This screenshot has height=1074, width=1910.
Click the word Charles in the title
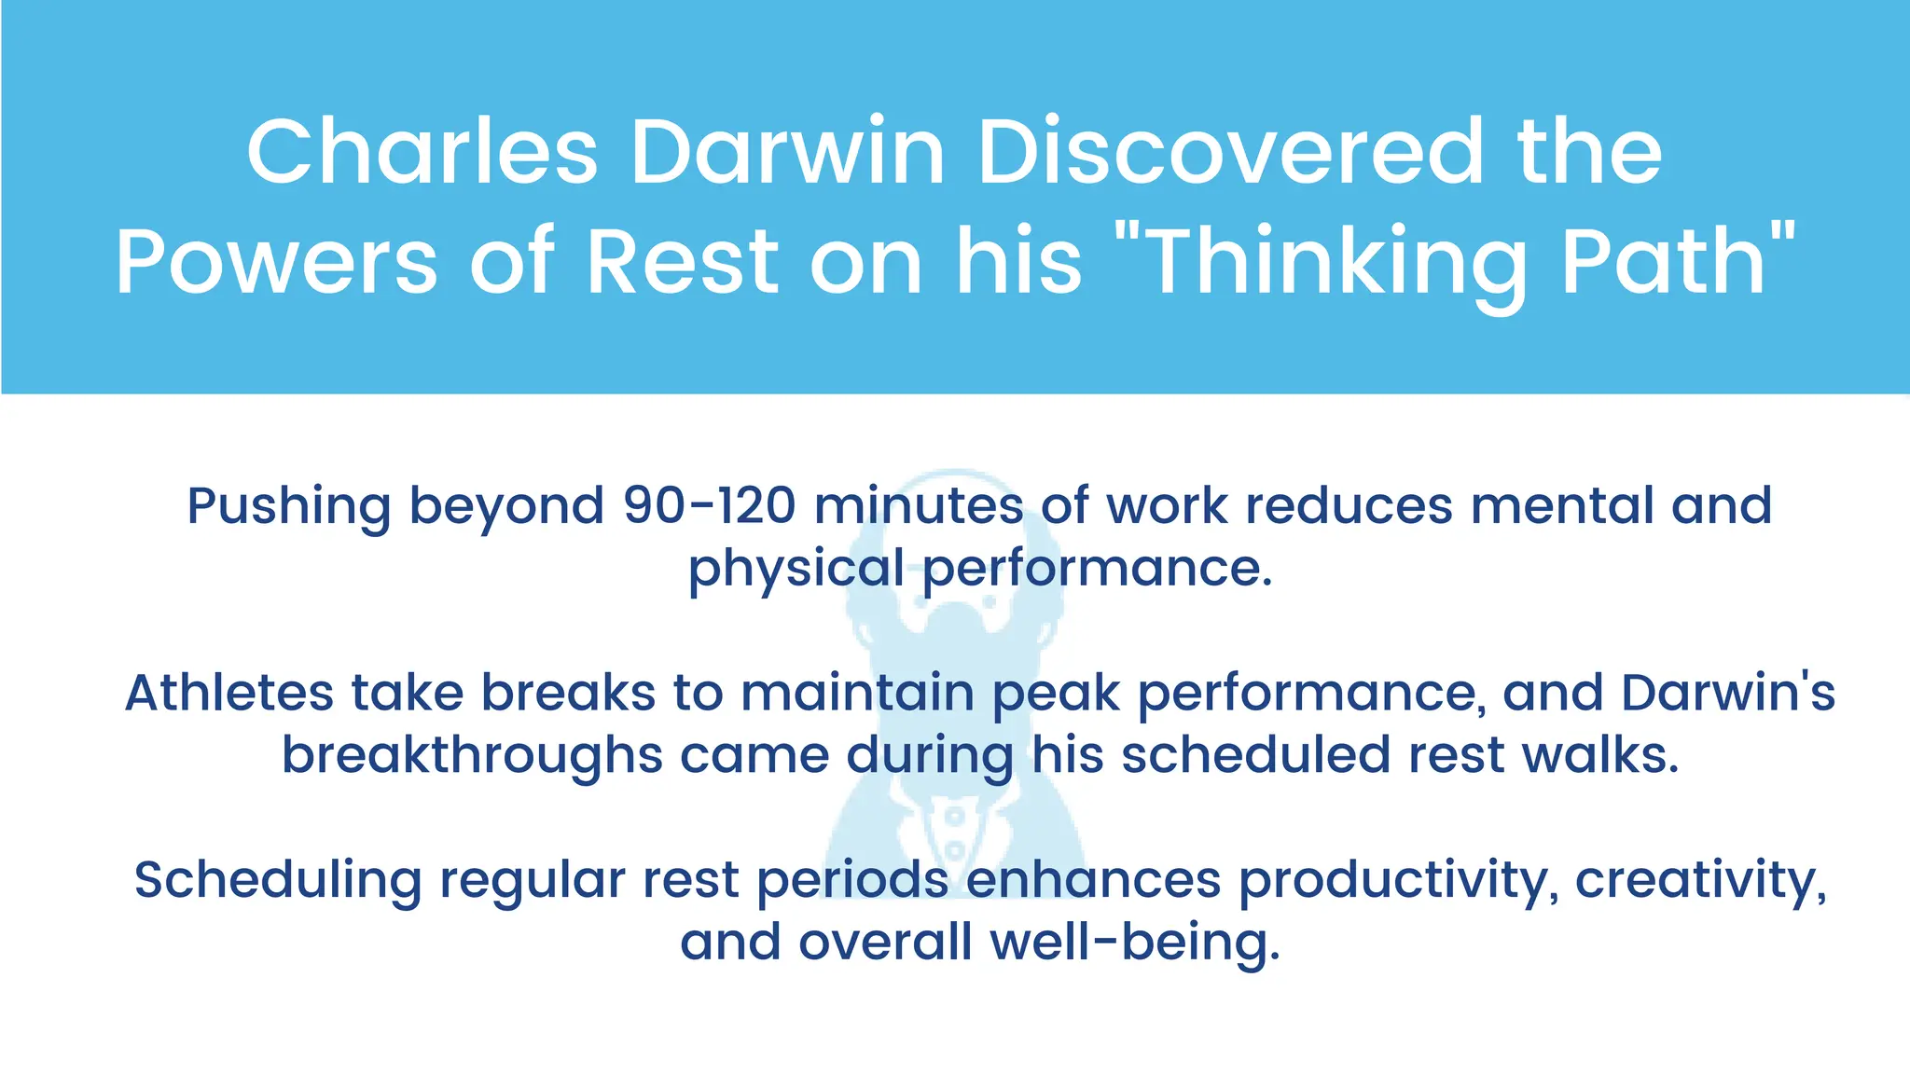(x=422, y=152)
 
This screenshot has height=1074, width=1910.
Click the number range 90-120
(x=709, y=505)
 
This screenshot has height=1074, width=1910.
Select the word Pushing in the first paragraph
(x=288, y=507)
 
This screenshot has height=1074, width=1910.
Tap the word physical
(x=796, y=569)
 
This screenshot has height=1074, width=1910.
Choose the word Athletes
(x=228, y=693)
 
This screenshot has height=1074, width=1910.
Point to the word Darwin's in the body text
(x=1728, y=693)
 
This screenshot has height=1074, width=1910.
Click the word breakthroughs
(x=472, y=755)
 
